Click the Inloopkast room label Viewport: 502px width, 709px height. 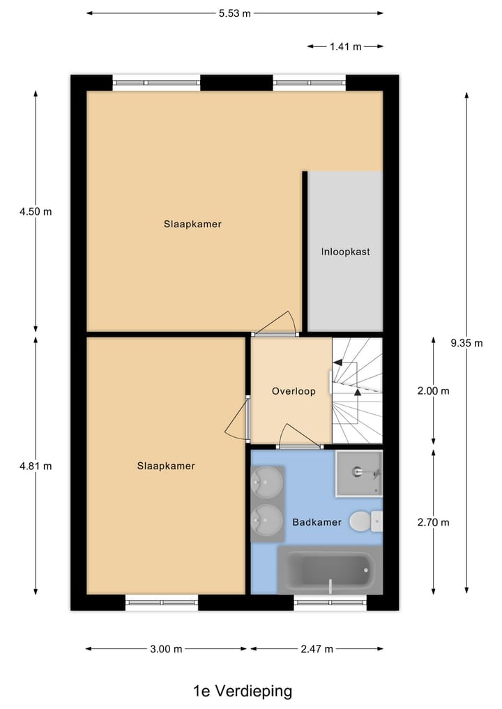click(345, 252)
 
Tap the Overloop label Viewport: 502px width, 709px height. click(294, 391)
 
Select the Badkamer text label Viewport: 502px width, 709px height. click(317, 521)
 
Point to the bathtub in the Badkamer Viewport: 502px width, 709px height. click(329, 570)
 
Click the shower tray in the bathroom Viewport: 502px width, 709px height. click(358, 473)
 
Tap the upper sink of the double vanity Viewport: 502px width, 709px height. click(267, 480)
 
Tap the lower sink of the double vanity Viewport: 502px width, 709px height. click(267, 518)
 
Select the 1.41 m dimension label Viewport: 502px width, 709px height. click(345, 47)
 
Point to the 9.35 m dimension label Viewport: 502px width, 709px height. click(465, 342)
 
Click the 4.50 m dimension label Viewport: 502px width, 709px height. click(36, 211)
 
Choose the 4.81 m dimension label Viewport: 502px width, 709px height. click(36, 466)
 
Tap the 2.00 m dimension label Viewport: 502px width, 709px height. click(433, 391)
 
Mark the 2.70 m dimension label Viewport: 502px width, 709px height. click(433, 522)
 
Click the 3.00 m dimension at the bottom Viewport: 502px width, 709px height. click(166, 649)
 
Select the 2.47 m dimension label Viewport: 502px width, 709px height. click(317, 649)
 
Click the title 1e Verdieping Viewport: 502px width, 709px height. click(243, 691)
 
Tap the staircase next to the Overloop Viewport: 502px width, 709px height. click(357, 390)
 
